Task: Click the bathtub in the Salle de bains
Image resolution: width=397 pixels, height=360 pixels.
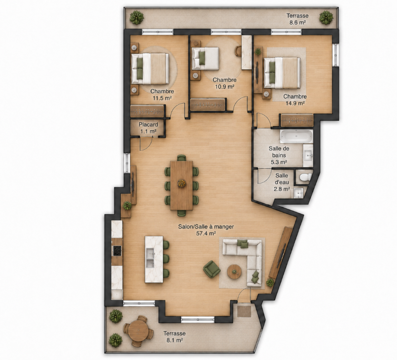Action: [x=296, y=137]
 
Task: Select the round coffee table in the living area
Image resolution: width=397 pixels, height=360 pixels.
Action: [x=234, y=272]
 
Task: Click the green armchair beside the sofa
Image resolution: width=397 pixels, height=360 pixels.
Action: [x=212, y=268]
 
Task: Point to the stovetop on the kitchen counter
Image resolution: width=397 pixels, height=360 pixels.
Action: [x=117, y=250]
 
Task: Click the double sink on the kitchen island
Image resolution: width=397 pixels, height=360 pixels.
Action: [x=150, y=258]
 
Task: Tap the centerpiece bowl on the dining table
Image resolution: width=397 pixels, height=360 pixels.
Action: [x=182, y=183]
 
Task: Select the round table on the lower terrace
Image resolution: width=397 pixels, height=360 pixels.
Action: [x=138, y=330]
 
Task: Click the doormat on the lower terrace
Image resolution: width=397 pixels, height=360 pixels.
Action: [x=244, y=311]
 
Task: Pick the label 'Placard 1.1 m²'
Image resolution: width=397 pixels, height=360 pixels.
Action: [x=148, y=128]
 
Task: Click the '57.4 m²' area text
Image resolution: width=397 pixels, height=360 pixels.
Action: [x=206, y=233]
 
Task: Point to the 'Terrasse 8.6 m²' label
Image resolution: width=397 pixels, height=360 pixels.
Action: [x=297, y=19]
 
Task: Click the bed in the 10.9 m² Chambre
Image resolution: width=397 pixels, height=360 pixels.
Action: [x=205, y=58]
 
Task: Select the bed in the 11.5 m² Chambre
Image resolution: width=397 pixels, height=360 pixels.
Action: [x=150, y=69]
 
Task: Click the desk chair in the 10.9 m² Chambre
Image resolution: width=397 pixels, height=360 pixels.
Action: [x=238, y=51]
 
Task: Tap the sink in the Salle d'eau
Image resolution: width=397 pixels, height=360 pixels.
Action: [x=299, y=193]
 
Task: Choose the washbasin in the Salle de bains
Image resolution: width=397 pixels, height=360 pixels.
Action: [x=308, y=155]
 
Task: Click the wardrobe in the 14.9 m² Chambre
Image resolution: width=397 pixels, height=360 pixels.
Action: [x=297, y=120]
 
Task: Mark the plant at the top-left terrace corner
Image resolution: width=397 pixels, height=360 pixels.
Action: [x=137, y=18]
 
